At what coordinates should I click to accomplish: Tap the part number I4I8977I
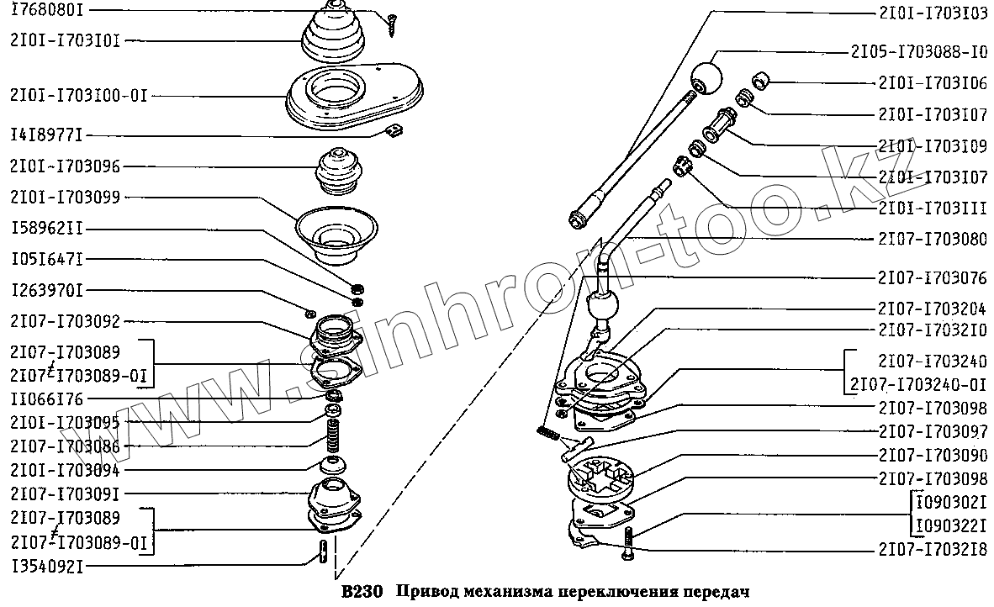tap(47, 135)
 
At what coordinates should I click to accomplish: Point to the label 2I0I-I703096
tap(66, 166)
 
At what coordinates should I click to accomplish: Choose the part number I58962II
tap(47, 229)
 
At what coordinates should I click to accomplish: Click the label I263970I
tap(47, 291)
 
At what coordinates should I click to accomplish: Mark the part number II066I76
tap(47, 399)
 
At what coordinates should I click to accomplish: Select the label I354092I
tap(47, 567)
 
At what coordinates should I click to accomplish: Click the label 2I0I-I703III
tap(933, 207)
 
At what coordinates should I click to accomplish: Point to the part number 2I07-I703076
tap(933, 278)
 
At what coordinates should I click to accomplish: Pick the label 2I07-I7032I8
tap(933, 550)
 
